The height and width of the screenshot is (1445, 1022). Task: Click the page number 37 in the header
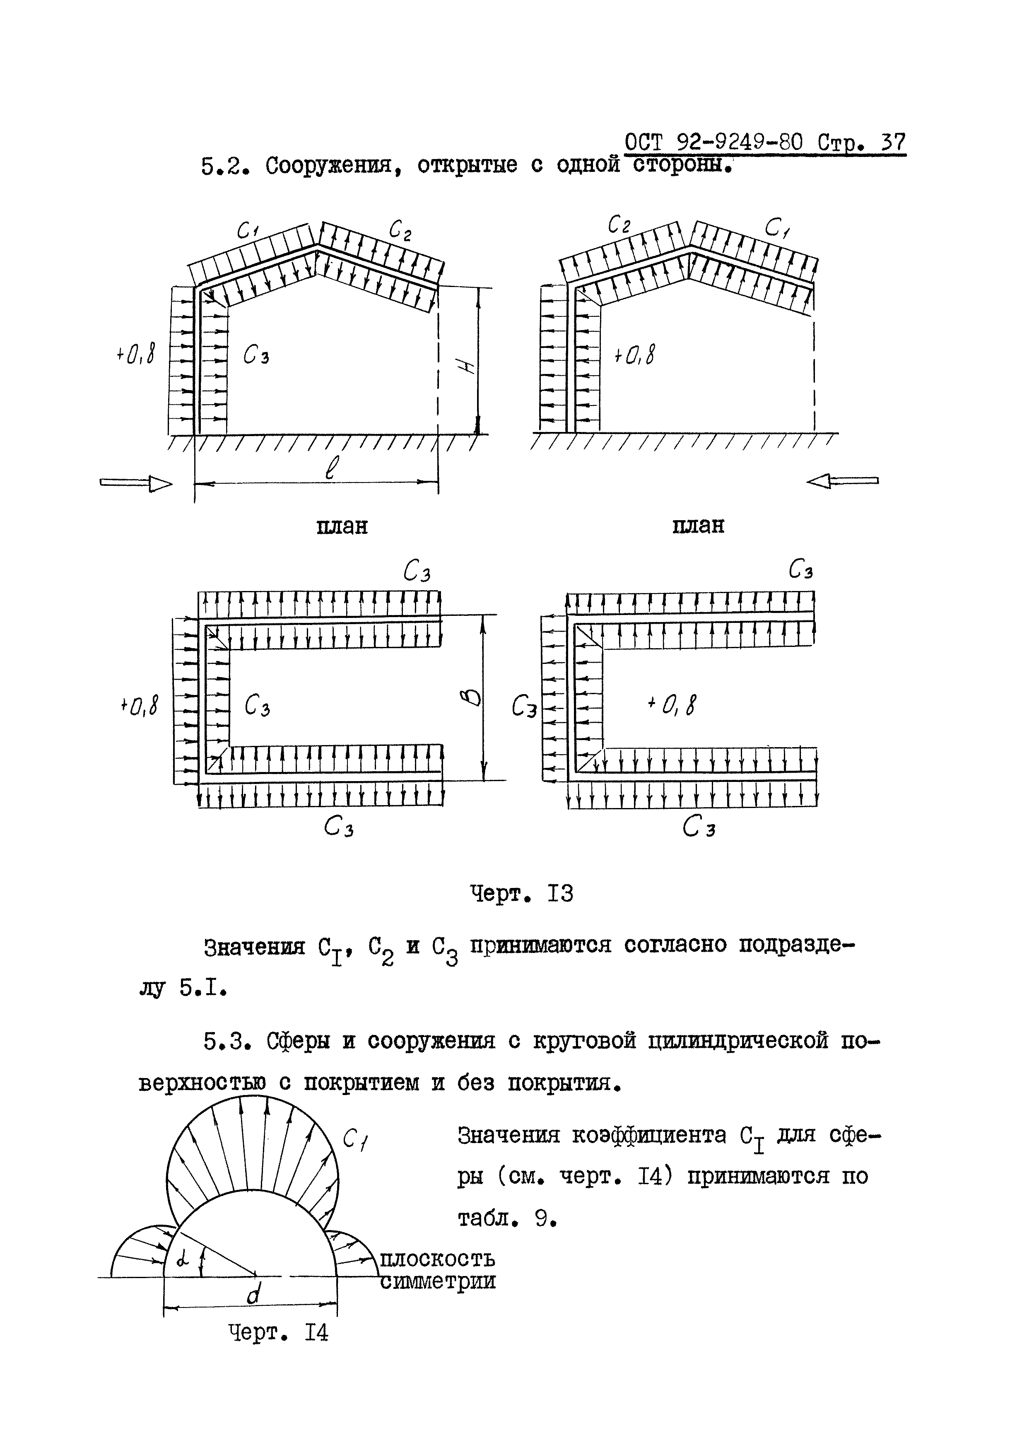[x=892, y=143]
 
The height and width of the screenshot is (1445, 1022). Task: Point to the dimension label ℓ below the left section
[x=331, y=469]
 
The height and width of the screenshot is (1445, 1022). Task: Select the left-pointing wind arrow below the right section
[x=842, y=481]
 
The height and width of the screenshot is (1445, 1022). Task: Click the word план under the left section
[x=342, y=526]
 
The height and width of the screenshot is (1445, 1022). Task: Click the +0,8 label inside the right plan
[x=672, y=705]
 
